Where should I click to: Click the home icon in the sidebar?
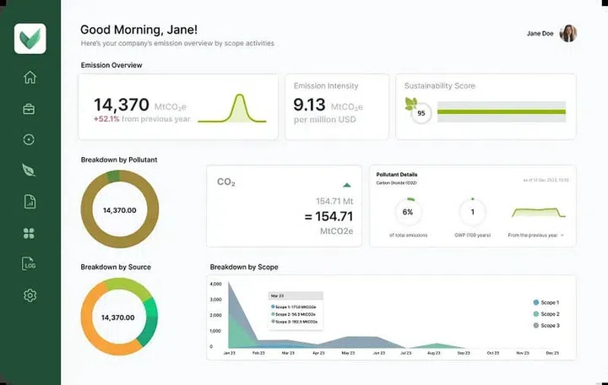30,78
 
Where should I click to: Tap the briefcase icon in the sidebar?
30,109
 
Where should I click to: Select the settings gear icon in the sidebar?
30,295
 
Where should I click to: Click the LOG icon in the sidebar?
30,264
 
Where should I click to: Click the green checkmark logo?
30,38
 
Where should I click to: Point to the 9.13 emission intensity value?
309,105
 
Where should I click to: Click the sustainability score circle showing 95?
420,112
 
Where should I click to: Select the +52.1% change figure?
106,119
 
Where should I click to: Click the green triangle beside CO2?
346,184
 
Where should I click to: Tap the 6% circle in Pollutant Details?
408,212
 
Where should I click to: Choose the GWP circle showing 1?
472,212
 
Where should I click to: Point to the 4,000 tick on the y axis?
217,285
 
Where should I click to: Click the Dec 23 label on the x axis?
553,353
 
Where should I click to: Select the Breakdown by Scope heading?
244,268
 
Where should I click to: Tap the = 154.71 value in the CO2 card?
328,217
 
